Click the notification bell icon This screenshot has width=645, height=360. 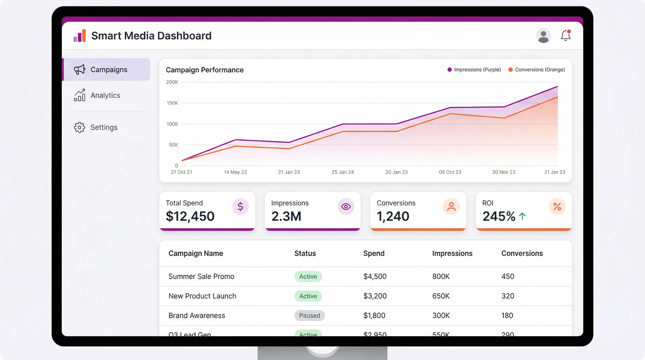[x=566, y=35]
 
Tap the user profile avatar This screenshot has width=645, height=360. [x=543, y=36]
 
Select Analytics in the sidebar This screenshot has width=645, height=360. [x=105, y=95]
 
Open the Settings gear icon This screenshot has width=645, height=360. [x=80, y=127]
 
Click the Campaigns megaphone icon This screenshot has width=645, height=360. [x=80, y=70]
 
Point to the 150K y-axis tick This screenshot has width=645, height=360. [x=172, y=103]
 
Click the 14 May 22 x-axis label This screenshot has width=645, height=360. [x=235, y=172]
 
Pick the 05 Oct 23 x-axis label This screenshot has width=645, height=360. [x=450, y=172]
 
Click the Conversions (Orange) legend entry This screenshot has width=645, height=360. [x=536, y=70]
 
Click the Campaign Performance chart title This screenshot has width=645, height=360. [x=205, y=70]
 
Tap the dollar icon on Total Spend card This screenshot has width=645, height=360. [x=240, y=207]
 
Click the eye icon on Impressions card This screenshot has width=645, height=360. [x=346, y=207]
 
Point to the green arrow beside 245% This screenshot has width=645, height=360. [x=522, y=216]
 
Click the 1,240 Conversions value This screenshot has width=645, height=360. [x=393, y=216]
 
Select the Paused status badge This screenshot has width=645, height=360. [x=309, y=316]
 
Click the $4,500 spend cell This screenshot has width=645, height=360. [x=375, y=276]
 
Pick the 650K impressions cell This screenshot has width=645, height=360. [x=441, y=296]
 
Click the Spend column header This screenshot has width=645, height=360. [x=374, y=254]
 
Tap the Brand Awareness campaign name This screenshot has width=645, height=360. [x=197, y=316]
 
